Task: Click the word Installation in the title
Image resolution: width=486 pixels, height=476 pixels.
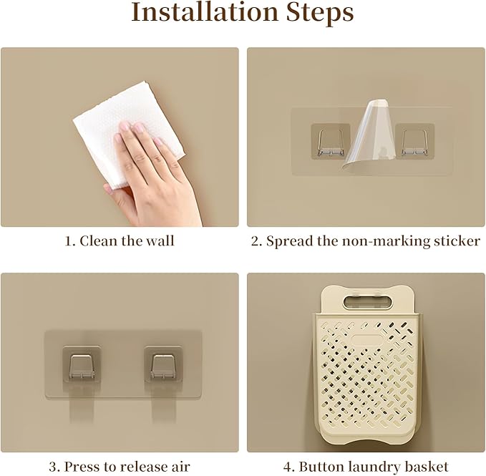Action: (x=205, y=12)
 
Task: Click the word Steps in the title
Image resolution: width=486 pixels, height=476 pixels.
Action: (x=320, y=13)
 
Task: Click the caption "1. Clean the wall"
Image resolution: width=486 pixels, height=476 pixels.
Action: (x=120, y=241)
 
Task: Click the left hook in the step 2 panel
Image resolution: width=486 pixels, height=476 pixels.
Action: (x=331, y=142)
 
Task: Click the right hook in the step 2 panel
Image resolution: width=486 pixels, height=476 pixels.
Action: (x=414, y=142)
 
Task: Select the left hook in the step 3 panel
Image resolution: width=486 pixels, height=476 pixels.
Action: (x=82, y=366)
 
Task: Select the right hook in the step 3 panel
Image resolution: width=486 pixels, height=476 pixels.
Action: (x=163, y=366)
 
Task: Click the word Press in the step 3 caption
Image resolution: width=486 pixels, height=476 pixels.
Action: (x=83, y=466)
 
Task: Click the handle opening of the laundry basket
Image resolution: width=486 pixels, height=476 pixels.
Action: (x=368, y=302)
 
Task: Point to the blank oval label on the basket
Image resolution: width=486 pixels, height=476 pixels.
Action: (x=368, y=340)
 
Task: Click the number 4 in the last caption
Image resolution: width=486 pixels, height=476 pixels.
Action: (x=287, y=467)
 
